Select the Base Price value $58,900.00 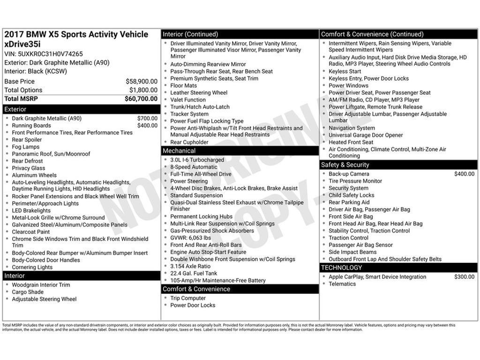[x=141, y=81]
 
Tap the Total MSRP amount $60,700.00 [x=141, y=98]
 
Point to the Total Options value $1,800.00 [x=143, y=90]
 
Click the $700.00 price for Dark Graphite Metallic [x=147, y=119]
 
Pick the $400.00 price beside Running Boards [x=147, y=126]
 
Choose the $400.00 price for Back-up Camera [x=464, y=174]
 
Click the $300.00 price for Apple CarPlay [x=464, y=277]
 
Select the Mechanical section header [x=179, y=151]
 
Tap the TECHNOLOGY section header [x=341, y=268]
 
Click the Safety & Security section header [x=345, y=165]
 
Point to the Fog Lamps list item [x=26, y=147]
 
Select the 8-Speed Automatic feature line [x=194, y=167]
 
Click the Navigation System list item [x=352, y=128]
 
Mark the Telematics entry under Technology [x=342, y=284]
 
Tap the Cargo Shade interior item [x=28, y=292]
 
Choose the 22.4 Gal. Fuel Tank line [x=194, y=273]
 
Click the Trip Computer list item [x=188, y=298]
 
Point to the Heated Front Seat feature [x=351, y=142]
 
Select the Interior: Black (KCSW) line [x=36, y=71]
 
